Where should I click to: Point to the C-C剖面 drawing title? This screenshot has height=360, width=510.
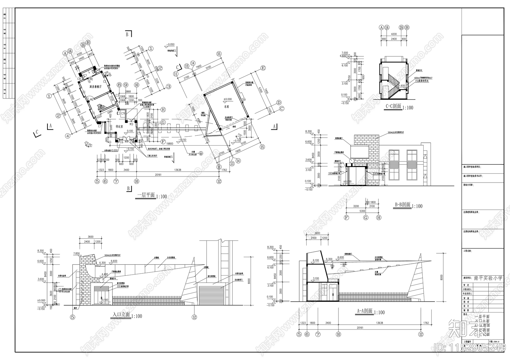click(393, 107)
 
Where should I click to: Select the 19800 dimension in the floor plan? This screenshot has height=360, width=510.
click(170, 144)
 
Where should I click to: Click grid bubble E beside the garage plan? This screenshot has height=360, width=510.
click(263, 68)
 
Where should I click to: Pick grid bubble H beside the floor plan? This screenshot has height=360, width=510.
click(163, 110)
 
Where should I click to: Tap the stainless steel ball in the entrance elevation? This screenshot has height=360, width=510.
click(101, 280)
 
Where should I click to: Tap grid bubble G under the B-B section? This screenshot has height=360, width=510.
click(366, 218)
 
